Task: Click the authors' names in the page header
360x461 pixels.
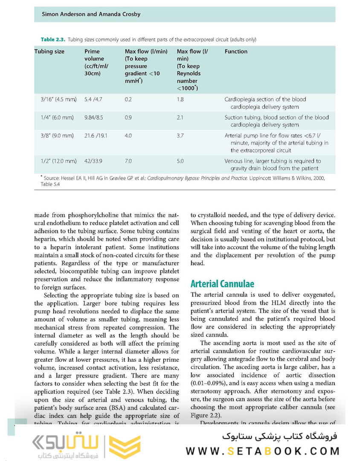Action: tap(91, 14)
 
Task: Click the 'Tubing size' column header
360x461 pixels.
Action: tap(49, 52)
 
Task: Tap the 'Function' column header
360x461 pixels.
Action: tap(236, 52)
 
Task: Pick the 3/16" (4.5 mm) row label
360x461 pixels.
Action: tap(58, 99)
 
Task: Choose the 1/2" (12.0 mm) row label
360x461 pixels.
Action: tap(58, 161)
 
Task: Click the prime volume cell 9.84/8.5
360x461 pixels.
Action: tap(97, 117)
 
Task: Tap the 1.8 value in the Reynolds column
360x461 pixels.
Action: tap(180, 99)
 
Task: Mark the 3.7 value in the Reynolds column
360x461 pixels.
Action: tap(180, 136)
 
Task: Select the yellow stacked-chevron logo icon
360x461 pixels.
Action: tap(125, 446)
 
